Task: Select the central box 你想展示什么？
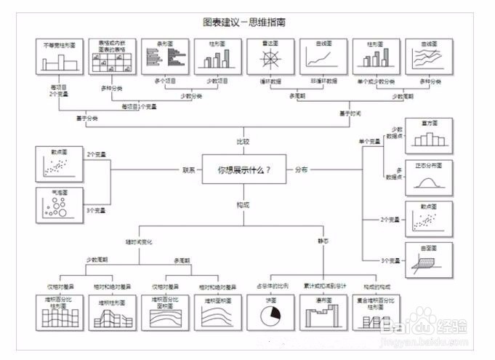coord(244,169)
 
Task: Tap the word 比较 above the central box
coord(243,141)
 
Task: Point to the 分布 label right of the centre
coord(301,169)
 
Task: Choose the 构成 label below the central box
coord(243,206)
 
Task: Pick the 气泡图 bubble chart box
coord(60,205)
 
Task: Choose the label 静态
coord(323,241)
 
